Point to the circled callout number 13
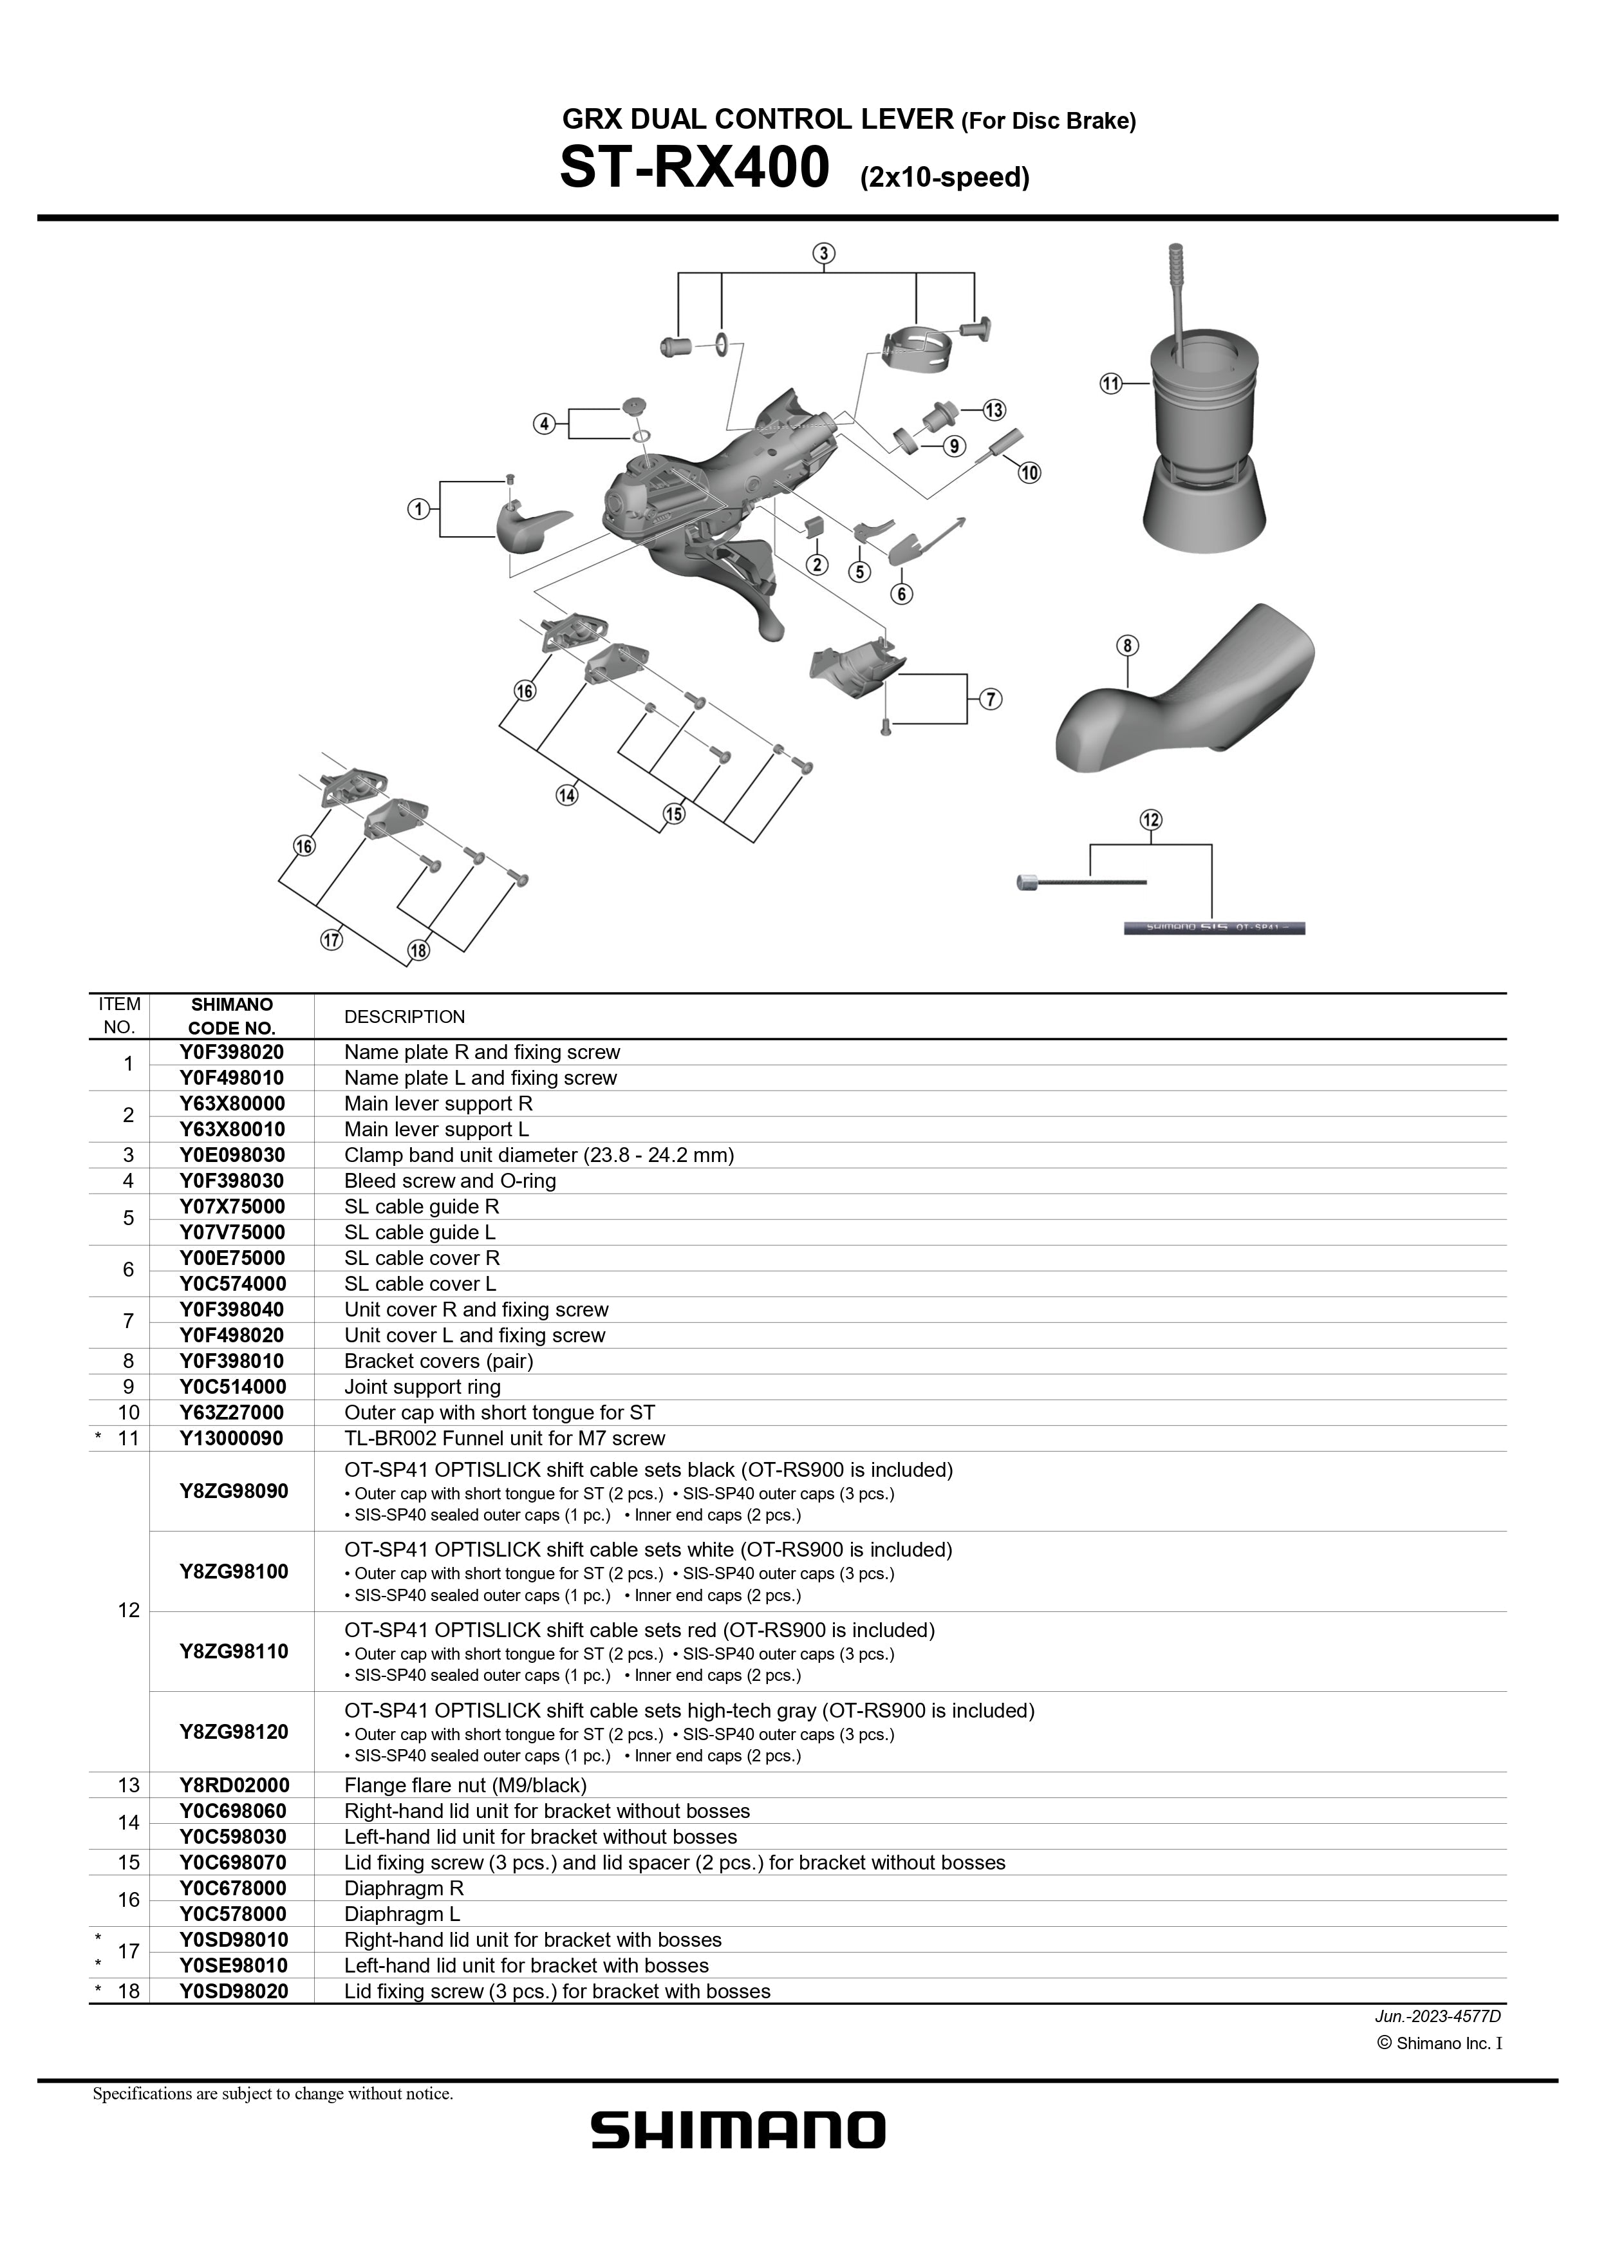(x=994, y=410)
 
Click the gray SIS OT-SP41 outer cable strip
(x=1214, y=927)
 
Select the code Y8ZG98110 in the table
(x=233, y=1651)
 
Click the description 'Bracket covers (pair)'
(x=439, y=1361)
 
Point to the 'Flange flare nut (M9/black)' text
(x=465, y=1785)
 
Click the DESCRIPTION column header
(x=404, y=1017)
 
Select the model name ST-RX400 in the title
(x=695, y=168)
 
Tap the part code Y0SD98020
(x=233, y=1991)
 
